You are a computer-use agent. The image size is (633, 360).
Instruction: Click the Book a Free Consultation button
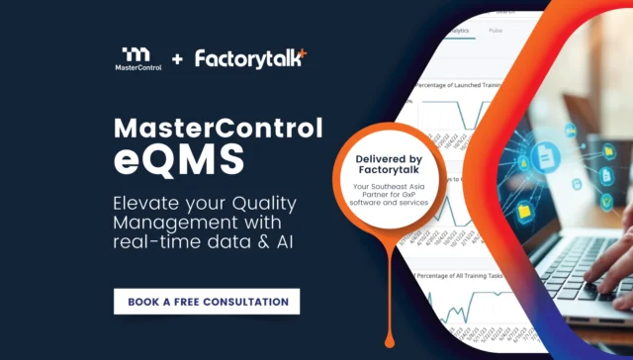click(x=207, y=301)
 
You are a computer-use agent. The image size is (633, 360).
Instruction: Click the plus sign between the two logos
click(x=177, y=59)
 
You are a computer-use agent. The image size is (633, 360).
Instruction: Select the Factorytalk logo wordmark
click(x=250, y=58)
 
